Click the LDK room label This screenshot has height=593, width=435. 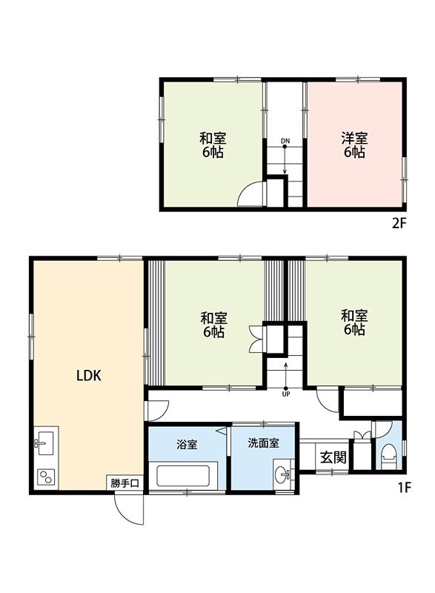point(89,376)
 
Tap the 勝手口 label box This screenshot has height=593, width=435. point(124,483)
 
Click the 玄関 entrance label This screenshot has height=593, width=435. point(333,457)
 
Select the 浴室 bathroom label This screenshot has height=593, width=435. point(187,444)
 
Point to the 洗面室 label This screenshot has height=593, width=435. point(263,443)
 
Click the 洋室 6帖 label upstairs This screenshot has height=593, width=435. point(354,145)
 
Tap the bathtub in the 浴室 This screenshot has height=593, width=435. point(183,476)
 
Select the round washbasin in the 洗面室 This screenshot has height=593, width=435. point(282,474)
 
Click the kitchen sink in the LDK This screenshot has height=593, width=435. point(44,443)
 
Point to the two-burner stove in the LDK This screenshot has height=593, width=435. point(46,477)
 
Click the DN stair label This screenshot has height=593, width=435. point(285,141)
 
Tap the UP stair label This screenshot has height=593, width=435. point(286,394)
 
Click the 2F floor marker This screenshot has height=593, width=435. point(399,224)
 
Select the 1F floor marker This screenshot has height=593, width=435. point(403,487)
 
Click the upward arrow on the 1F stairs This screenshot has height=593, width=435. point(286,376)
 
